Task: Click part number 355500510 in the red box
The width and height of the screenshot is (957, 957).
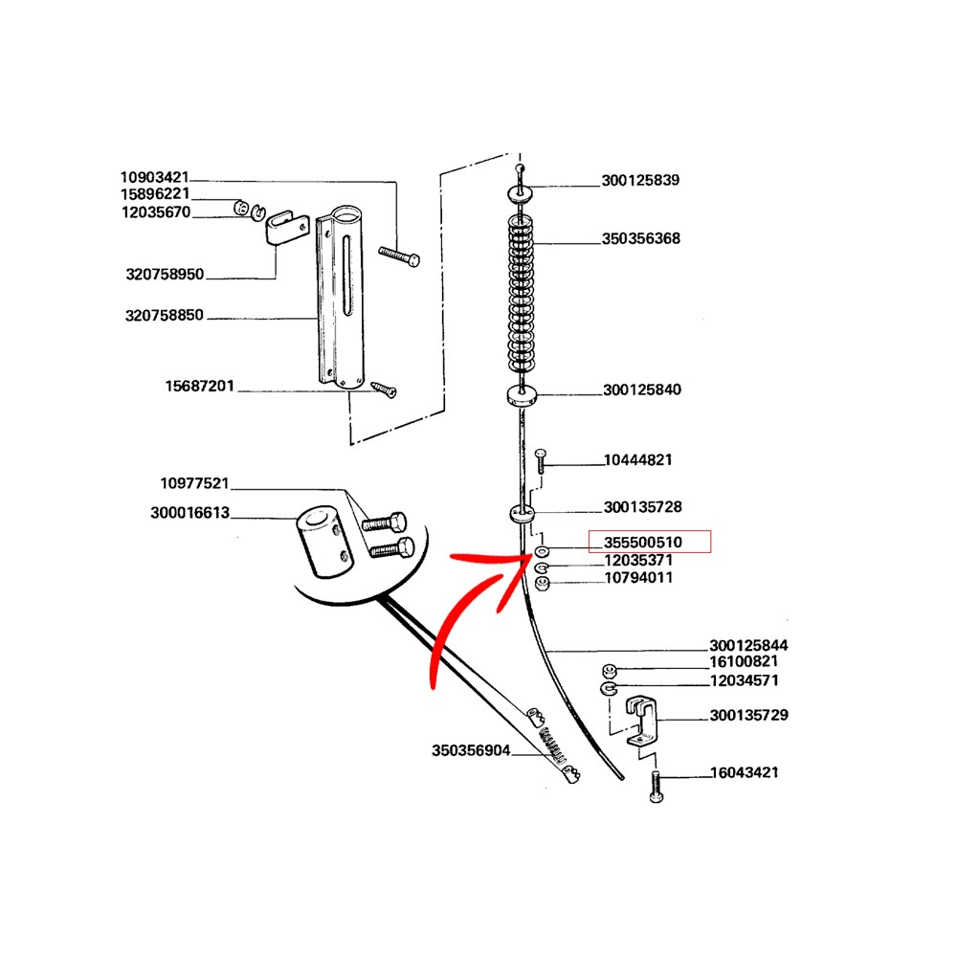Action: click(643, 542)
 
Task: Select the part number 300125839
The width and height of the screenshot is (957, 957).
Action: click(640, 180)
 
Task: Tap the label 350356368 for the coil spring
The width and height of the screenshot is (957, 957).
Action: click(641, 238)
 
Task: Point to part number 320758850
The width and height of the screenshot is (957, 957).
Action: click(165, 315)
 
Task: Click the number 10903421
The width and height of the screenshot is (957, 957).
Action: click(154, 177)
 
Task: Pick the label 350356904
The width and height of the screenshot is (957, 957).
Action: click(471, 750)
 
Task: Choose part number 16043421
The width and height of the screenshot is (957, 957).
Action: click(744, 772)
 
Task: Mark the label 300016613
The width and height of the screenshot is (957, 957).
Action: click(189, 512)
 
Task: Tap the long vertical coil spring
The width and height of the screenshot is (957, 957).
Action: click(521, 293)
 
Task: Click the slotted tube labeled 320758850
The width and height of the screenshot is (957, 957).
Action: click(341, 298)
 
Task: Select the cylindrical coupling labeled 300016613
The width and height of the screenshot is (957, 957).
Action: click(324, 541)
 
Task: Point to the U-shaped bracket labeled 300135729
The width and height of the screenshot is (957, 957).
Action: click(641, 721)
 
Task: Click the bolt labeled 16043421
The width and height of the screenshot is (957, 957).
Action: click(657, 787)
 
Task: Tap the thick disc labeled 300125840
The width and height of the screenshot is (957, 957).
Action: click(522, 394)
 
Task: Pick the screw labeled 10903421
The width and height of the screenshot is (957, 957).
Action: click(399, 256)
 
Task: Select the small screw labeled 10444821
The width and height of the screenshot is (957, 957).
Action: click(540, 461)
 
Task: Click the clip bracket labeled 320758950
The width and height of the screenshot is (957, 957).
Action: click(285, 227)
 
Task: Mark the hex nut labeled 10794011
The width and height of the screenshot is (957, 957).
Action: click(542, 584)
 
